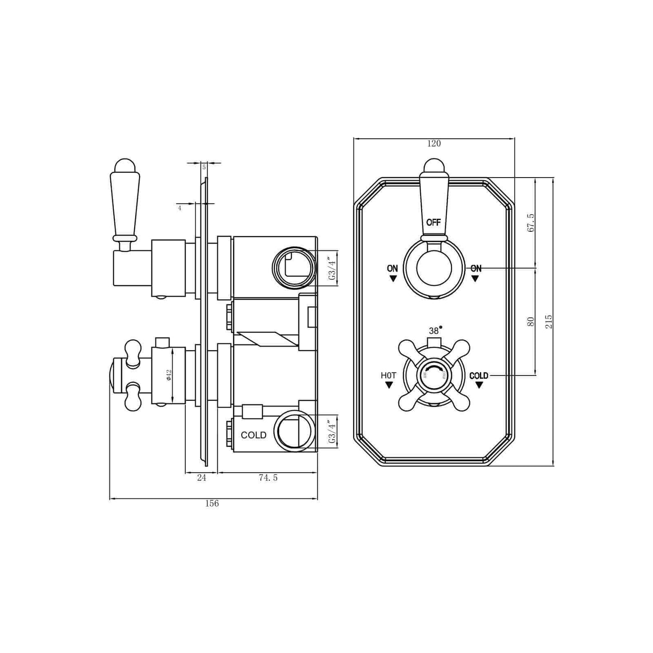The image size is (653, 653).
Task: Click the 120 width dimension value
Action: click(433, 144)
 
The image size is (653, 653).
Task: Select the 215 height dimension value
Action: click(549, 321)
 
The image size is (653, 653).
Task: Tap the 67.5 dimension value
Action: click(531, 223)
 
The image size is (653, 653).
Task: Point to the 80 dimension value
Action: click(531, 322)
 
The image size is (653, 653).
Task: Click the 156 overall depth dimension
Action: click(212, 503)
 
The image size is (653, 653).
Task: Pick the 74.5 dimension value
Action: click(268, 478)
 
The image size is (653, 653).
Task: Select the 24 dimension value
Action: click(202, 478)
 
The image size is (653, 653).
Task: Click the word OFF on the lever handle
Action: click(433, 222)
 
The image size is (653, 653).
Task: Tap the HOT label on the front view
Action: click(388, 376)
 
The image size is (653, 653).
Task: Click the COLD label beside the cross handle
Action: click(479, 376)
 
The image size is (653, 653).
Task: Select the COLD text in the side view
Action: click(254, 435)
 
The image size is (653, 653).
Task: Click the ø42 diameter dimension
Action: click(169, 375)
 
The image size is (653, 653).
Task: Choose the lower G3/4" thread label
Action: click(333, 432)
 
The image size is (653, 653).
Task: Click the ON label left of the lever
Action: click(392, 268)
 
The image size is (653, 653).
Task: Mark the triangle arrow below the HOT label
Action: click(389, 385)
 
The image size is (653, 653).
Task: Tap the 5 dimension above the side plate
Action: click(204, 167)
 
